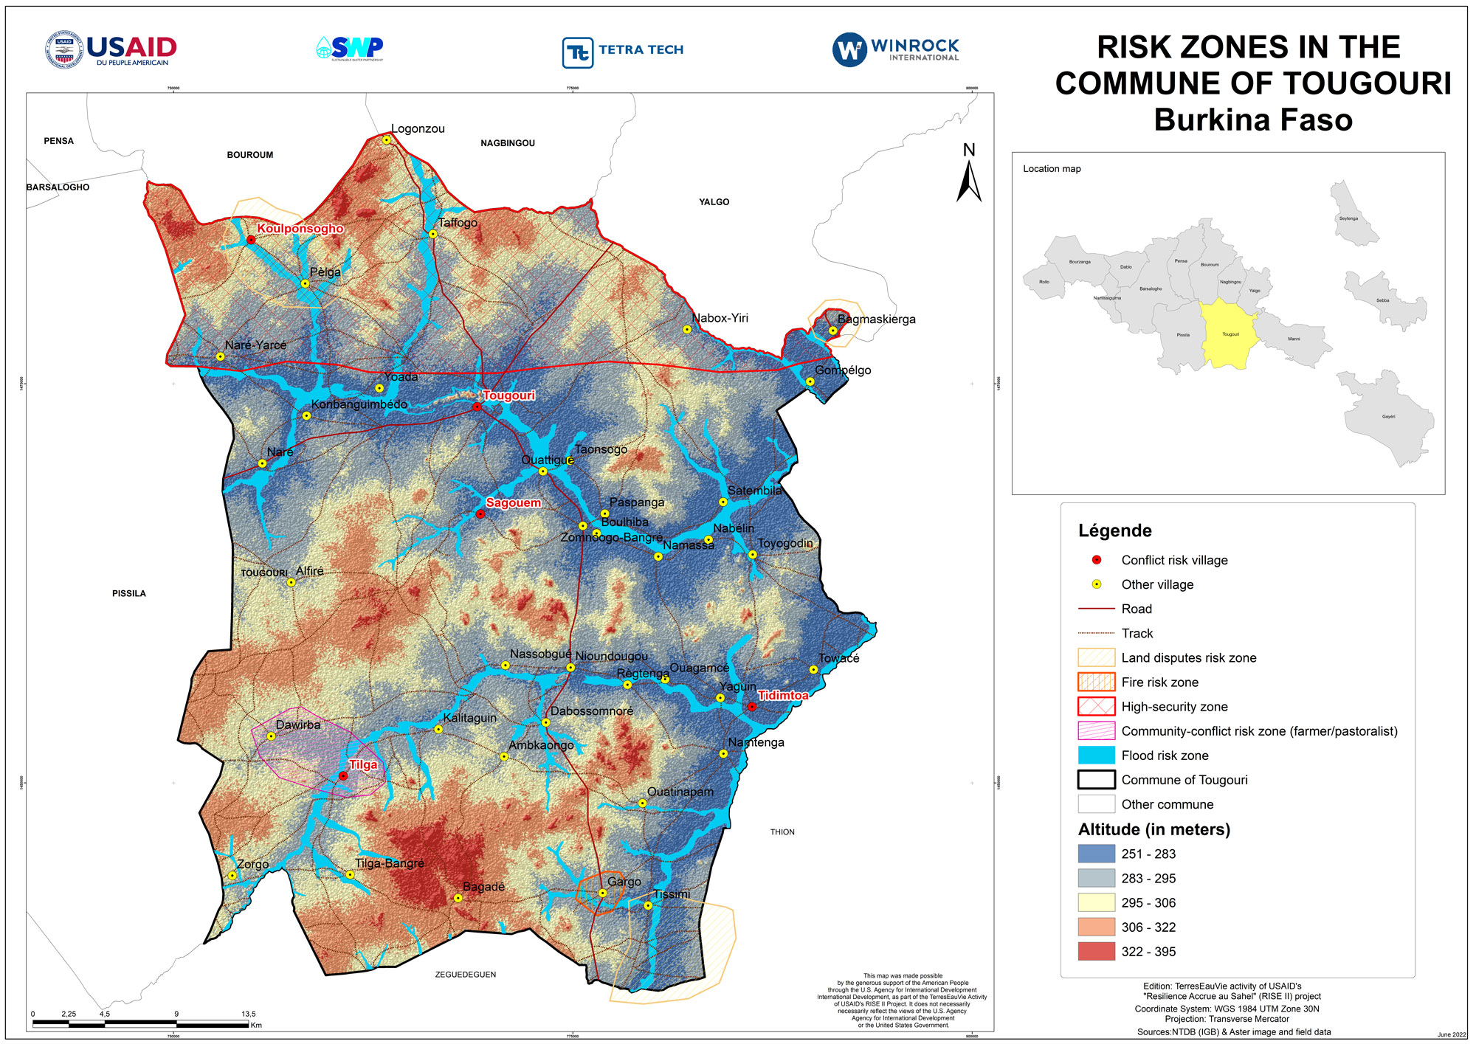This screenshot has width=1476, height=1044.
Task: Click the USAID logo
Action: [x=111, y=49]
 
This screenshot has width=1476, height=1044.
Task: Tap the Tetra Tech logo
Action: [x=623, y=52]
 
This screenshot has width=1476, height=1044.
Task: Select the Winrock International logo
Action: [x=895, y=49]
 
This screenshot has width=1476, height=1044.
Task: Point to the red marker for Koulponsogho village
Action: [x=251, y=240]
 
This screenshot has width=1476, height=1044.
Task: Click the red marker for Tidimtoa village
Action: [x=752, y=707]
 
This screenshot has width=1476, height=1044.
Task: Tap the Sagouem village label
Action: [x=513, y=503]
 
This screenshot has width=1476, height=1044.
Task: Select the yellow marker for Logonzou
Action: [x=386, y=139]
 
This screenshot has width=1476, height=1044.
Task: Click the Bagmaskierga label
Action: [x=876, y=319]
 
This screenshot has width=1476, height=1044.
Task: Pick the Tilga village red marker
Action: [x=343, y=776]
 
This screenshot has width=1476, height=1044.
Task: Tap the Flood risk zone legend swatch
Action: [x=1096, y=756]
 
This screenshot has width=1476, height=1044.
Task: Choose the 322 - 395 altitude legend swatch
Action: [x=1096, y=952]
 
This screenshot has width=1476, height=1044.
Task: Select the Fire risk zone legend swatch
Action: [x=1096, y=682]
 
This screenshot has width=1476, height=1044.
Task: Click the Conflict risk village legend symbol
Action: [x=1097, y=560]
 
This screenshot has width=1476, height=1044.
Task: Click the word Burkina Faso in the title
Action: [x=1252, y=120]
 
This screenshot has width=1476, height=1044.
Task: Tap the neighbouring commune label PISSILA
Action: [x=129, y=594]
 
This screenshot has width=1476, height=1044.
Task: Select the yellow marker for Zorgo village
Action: [x=232, y=876]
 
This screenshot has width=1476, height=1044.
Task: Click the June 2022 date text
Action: [x=1452, y=1034]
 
